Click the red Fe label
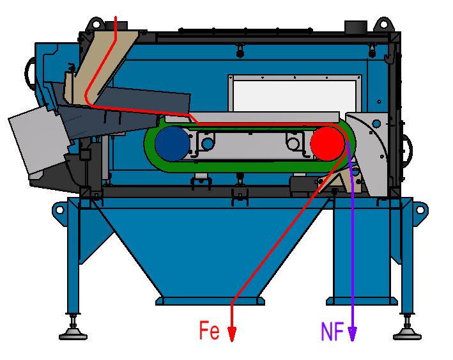click(x=210, y=331)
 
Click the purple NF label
click(x=332, y=331)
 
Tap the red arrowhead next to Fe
click(x=232, y=334)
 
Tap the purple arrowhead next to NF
click(x=352, y=334)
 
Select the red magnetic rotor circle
click(x=327, y=143)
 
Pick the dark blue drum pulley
click(x=171, y=143)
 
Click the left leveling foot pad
click(x=74, y=333)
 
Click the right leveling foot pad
click(x=406, y=333)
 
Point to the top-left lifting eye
click(x=96, y=23)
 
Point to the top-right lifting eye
click(x=383, y=23)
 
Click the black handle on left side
click(x=29, y=74)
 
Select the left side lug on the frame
click(x=59, y=209)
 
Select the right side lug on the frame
click(x=420, y=209)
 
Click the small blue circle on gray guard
click(x=376, y=123)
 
